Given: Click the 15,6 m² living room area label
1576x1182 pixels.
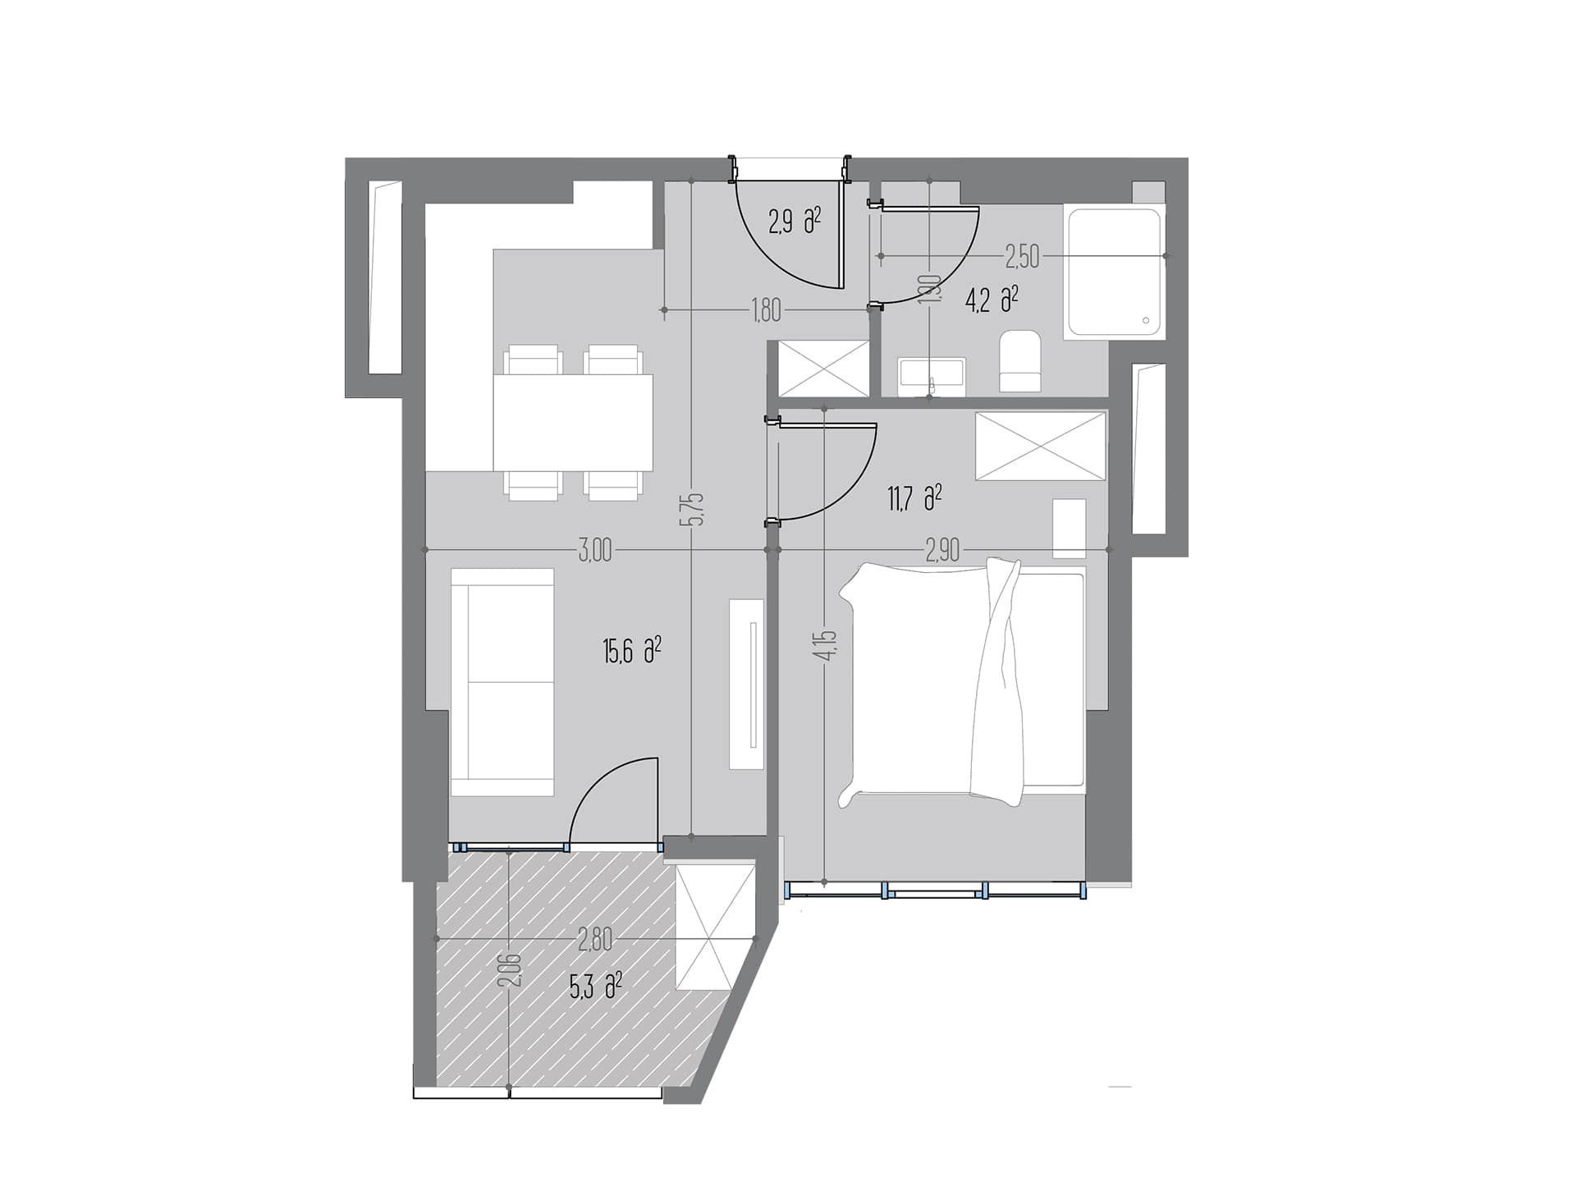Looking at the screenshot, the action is click(632, 652).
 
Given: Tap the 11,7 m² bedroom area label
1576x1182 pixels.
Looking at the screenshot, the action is click(914, 498).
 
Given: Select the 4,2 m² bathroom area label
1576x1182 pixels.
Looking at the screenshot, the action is click(992, 300).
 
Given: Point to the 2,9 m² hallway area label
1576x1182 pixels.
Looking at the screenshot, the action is click(795, 221).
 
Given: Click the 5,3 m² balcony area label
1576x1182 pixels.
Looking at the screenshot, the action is click(596, 984).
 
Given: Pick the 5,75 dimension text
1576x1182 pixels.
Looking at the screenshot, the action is click(696, 509).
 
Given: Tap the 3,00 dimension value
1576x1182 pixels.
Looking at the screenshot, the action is click(595, 550).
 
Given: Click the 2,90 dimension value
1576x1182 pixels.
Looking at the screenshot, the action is click(942, 550).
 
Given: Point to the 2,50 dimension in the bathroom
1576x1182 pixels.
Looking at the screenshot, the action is click(1022, 257).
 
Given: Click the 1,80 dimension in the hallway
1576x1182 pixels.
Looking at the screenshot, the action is click(765, 310).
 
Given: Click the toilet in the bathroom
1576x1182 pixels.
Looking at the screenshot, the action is click(1020, 361).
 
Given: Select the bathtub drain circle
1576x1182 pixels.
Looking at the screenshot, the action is click(1146, 321).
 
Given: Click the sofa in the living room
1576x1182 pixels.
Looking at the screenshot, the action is click(502, 682).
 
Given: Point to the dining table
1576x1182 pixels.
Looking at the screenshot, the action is click(573, 423).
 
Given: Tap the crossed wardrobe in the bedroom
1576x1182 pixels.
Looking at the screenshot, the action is click(1041, 446).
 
